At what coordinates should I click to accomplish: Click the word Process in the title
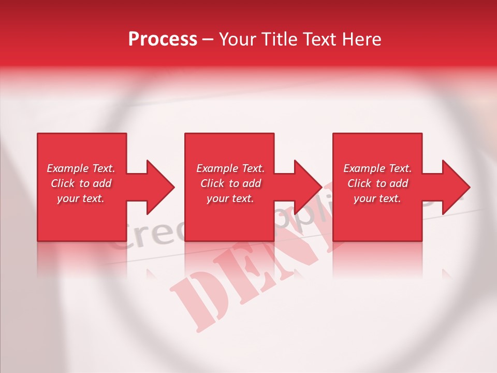163,39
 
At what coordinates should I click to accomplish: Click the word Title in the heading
280,39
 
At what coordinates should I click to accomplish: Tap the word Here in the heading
362,39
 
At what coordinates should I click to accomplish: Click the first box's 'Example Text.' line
81,168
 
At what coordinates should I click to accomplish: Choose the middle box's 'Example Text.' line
230,168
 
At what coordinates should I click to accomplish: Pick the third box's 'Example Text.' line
377,168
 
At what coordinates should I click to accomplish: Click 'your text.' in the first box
81,198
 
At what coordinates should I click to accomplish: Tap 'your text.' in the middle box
230,198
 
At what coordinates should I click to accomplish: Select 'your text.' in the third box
377,198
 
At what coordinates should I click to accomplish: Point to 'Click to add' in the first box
81,183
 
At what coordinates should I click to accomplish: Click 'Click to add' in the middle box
230,183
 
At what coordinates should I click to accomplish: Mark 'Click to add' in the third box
377,183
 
